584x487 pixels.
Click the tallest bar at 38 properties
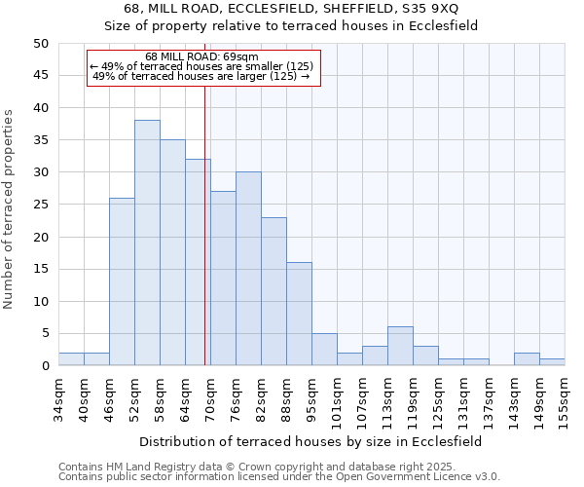point(147,243)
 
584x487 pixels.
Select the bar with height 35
point(172,252)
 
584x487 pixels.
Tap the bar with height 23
point(274,291)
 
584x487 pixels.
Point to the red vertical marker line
point(204,224)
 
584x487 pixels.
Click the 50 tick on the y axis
point(40,44)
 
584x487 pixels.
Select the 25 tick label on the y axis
point(40,205)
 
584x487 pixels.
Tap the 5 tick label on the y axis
point(44,334)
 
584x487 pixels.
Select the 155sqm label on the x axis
point(565,397)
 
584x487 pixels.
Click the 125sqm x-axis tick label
point(438,397)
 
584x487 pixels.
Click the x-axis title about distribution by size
point(310,441)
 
